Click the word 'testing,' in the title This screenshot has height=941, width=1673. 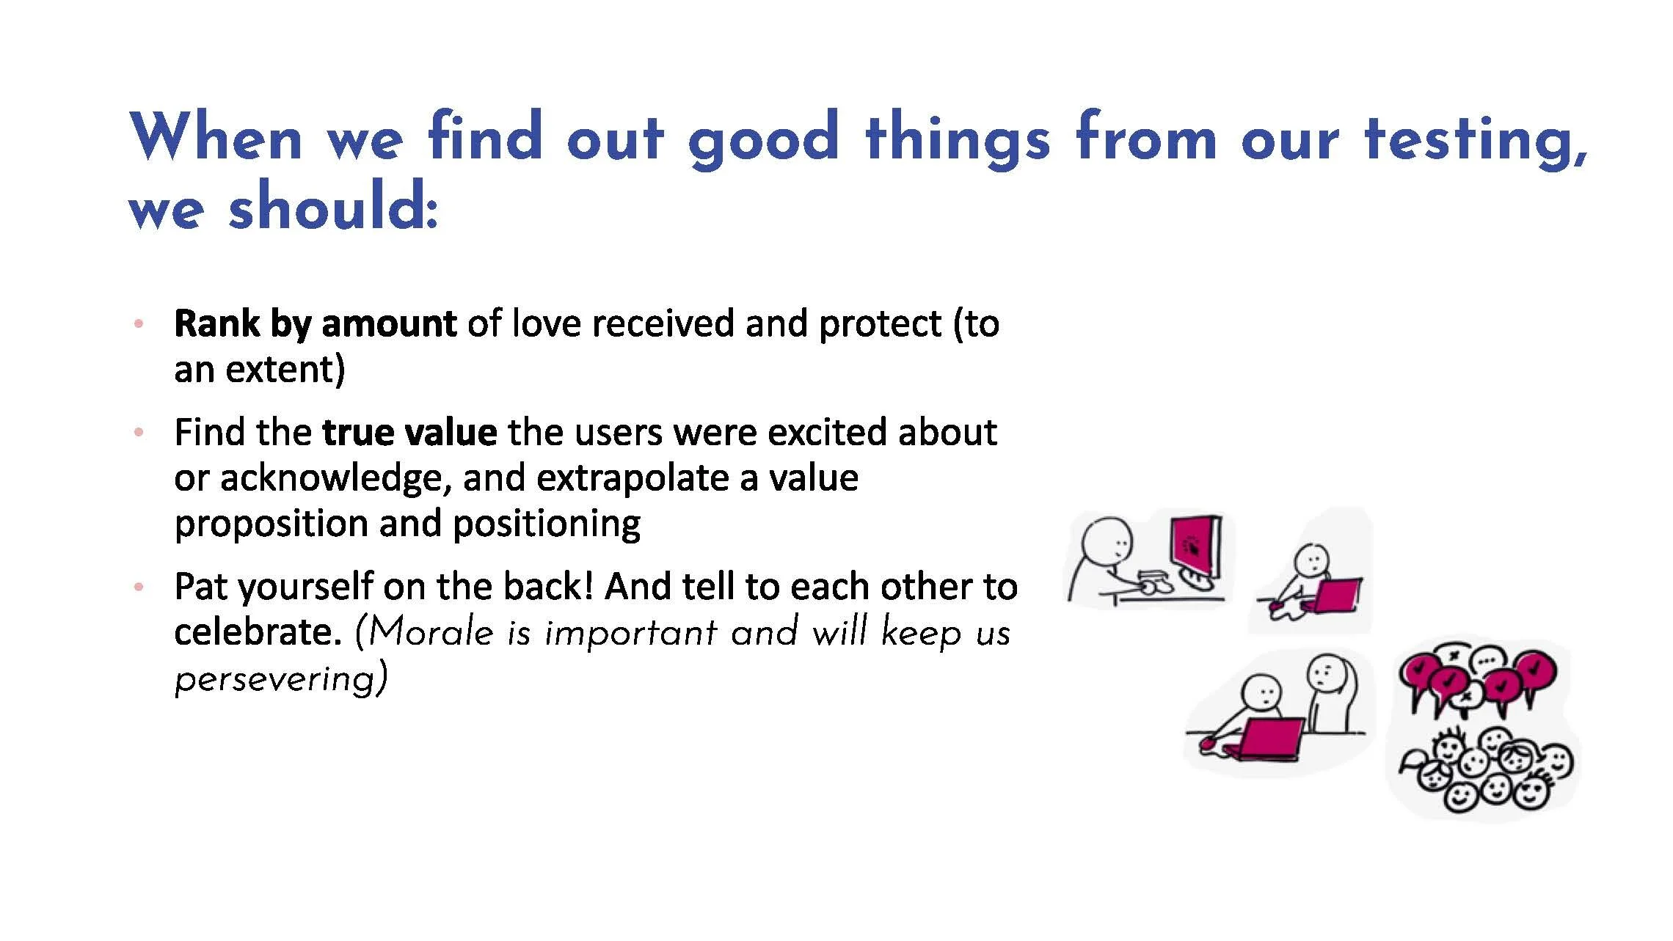click(1475, 139)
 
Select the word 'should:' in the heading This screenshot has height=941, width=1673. click(334, 209)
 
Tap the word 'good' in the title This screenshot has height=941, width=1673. click(763, 139)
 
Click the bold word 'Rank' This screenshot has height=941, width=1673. click(216, 323)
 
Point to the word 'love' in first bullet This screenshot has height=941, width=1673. click(549, 323)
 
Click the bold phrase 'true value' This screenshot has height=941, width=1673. click(409, 432)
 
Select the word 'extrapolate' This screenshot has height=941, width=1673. click(633, 478)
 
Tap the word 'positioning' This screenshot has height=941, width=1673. click(546, 524)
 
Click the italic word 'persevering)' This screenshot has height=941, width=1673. click(281, 678)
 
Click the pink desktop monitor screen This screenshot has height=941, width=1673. click(1194, 546)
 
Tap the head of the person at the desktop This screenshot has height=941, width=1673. click(1108, 543)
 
